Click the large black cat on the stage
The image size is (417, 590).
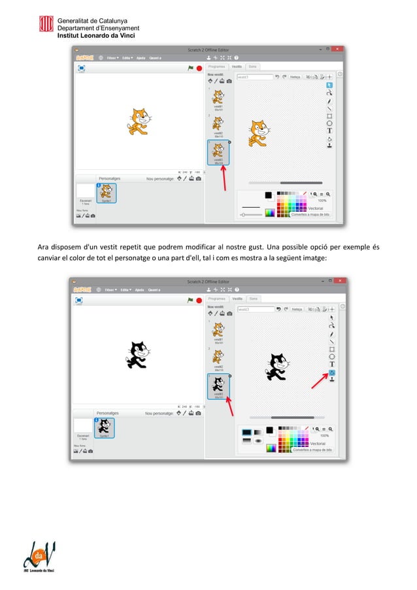pyautogui.click(x=137, y=354)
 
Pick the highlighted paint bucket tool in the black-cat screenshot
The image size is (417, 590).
pyautogui.click(x=332, y=372)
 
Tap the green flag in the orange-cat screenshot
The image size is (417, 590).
pyautogui.click(x=190, y=67)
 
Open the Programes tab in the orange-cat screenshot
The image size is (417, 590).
pyautogui.click(x=216, y=67)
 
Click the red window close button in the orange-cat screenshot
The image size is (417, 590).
pyautogui.click(x=338, y=49)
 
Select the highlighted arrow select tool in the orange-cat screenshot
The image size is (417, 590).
pyautogui.click(x=329, y=85)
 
